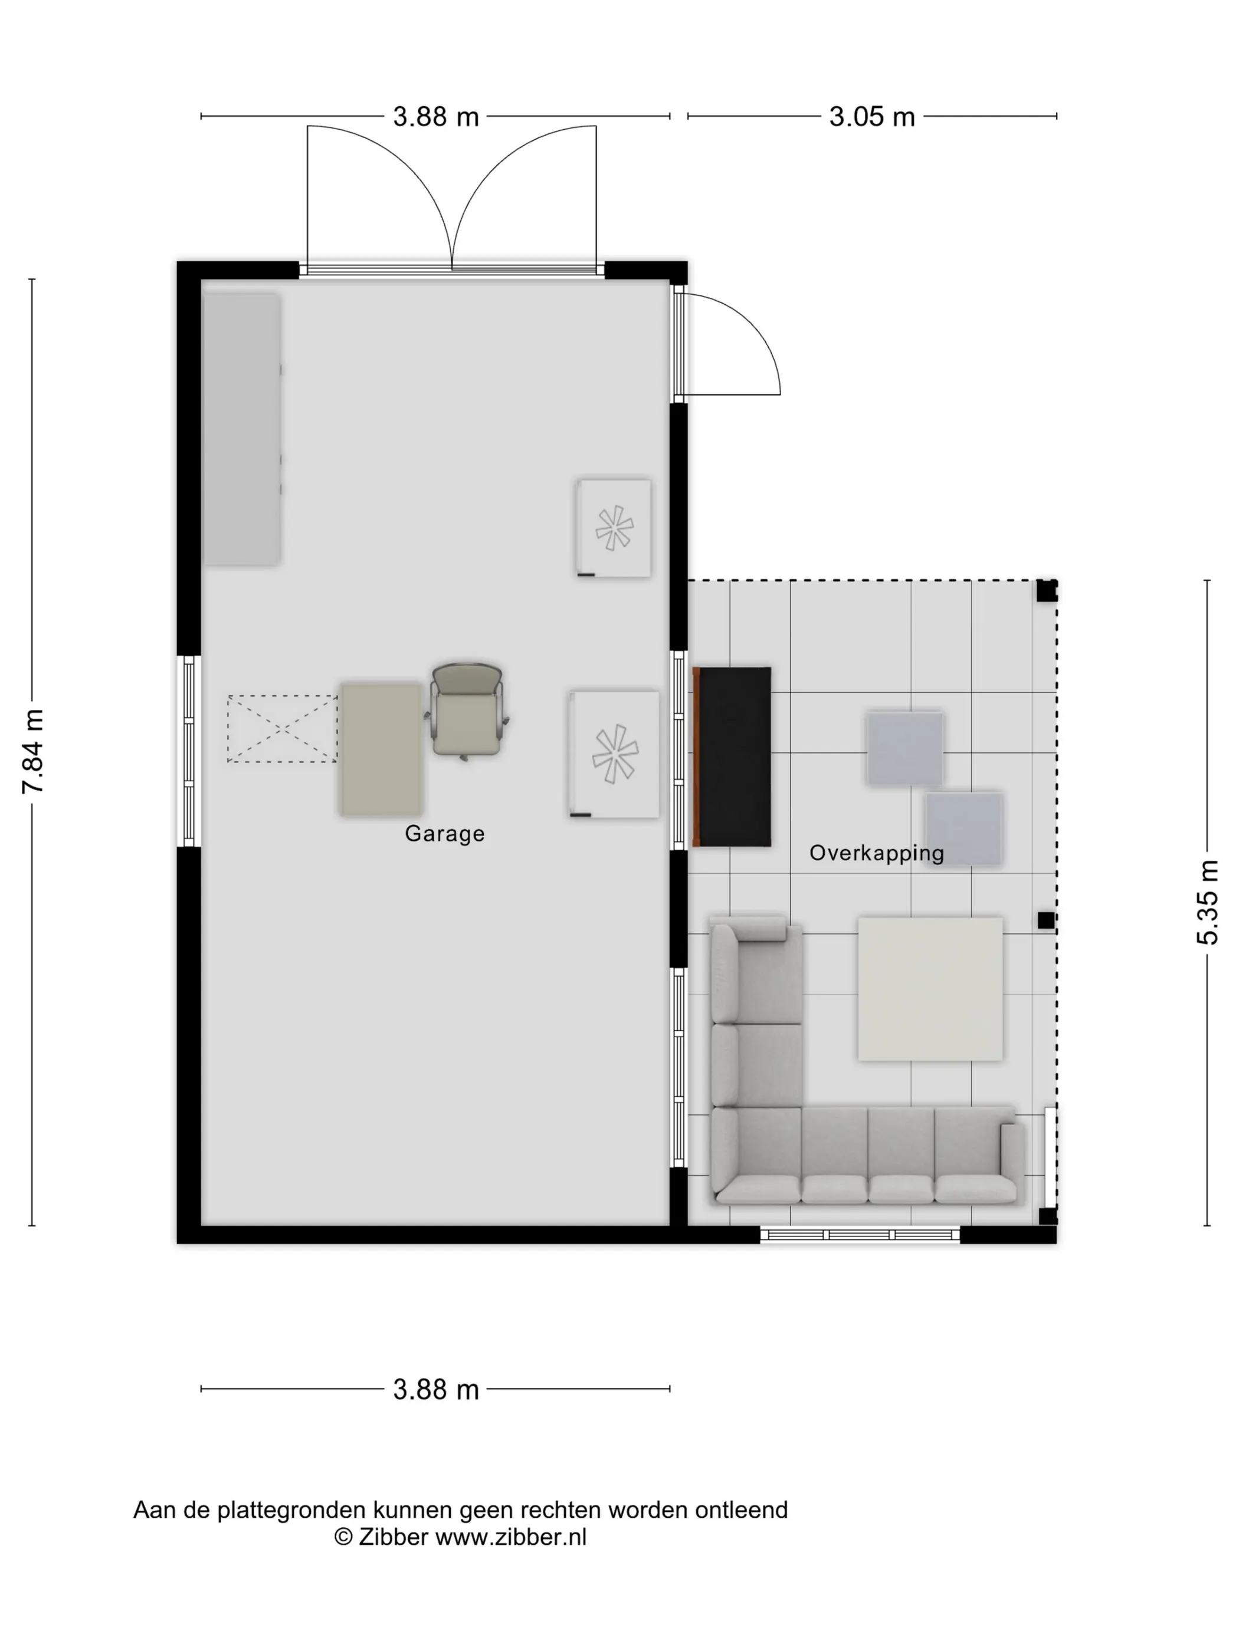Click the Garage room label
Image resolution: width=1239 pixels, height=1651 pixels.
click(444, 834)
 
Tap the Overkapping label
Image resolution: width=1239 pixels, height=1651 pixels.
click(877, 853)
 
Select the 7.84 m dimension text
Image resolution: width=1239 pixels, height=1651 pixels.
click(34, 752)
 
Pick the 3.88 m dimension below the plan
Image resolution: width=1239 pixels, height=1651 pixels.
click(436, 1390)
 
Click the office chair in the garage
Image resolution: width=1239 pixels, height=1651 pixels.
click(467, 711)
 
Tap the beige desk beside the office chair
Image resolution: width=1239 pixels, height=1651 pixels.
click(382, 749)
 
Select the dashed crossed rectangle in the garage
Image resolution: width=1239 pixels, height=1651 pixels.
click(282, 728)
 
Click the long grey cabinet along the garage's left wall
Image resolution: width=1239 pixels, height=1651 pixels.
click(242, 429)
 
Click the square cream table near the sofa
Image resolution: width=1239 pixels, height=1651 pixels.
click(930, 989)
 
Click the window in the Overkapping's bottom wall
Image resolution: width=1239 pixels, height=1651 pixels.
click(860, 1235)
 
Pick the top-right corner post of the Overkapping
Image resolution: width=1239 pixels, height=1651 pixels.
click(1046, 590)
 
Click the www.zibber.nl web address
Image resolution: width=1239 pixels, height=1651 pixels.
click(511, 1537)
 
